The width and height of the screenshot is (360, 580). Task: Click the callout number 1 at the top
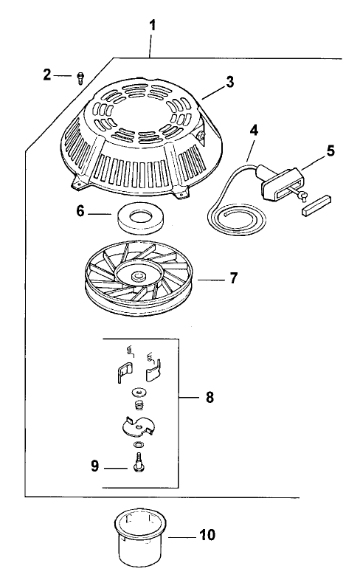(152, 26)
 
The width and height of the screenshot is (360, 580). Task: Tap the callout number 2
(47, 75)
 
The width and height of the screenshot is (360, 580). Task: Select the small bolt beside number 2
(80, 78)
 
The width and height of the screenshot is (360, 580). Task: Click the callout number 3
(230, 82)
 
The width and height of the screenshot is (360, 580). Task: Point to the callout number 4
(254, 130)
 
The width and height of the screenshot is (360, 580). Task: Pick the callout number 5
(330, 151)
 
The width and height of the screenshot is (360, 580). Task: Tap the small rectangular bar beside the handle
(316, 206)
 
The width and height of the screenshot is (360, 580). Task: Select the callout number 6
(80, 211)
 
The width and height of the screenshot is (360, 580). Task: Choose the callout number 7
(234, 277)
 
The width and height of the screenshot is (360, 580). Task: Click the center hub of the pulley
(139, 275)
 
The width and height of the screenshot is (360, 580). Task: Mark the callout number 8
(210, 397)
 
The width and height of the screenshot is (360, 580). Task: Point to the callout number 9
(95, 466)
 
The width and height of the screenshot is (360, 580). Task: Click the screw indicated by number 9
(139, 462)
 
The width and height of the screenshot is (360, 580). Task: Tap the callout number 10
(207, 534)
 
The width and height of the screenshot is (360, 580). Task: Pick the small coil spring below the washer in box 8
(139, 405)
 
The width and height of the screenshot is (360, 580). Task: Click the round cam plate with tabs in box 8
(137, 427)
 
